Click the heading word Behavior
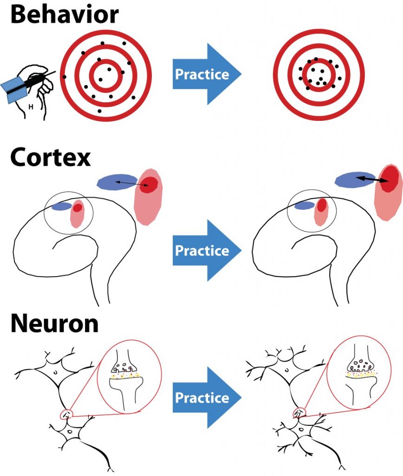[x=64, y=14]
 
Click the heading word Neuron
[x=55, y=324]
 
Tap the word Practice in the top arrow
[x=202, y=74]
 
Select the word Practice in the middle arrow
[x=202, y=251]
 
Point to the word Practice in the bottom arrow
[x=202, y=397]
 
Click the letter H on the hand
[x=31, y=106]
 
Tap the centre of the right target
[x=318, y=75]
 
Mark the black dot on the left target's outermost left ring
[x=64, y=77]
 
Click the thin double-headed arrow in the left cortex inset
[x=131, y=183]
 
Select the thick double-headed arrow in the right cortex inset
[x=372, y=179]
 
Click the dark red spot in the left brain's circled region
[x=78, y=207]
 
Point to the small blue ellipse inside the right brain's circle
[x=305, y=205]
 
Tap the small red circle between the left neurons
[x=67, y=414]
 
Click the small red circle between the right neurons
[x=299, y=412]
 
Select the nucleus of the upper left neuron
[x=55, y=371]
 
